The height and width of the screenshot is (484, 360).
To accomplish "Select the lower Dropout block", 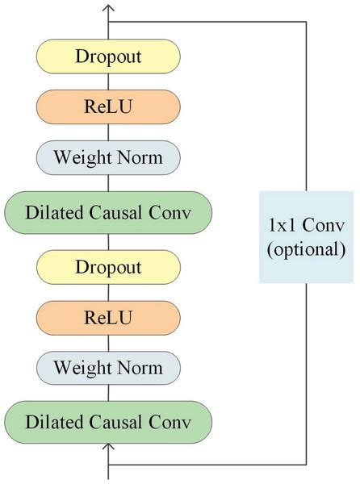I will [107, 266].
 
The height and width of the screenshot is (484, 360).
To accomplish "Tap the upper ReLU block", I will [107, 107].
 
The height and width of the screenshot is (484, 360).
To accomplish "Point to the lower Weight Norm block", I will [107, 369].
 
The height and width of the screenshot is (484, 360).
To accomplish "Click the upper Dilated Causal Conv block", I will [107, 213].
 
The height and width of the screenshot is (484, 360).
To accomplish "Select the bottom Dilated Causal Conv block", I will [107, 422].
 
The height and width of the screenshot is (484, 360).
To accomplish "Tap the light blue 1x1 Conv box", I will [306, 236].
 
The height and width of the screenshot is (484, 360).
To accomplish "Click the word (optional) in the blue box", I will [306, 249].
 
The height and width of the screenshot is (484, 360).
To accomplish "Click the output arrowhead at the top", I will [108, 8].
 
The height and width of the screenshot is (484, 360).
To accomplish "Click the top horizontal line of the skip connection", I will [210, 22].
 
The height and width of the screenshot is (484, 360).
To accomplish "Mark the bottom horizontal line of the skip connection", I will [210, 465].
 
